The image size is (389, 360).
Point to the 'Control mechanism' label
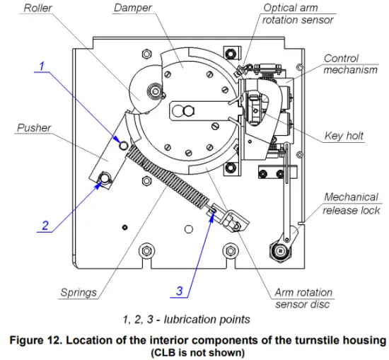point(350,64)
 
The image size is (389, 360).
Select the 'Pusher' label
point(33,128)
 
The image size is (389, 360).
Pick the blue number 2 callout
point(45,226)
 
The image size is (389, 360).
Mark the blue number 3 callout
point(179,290)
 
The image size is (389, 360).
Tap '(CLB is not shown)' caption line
point(197,352)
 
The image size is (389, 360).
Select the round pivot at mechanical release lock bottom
point(279,251)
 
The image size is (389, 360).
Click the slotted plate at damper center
point(194,111)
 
